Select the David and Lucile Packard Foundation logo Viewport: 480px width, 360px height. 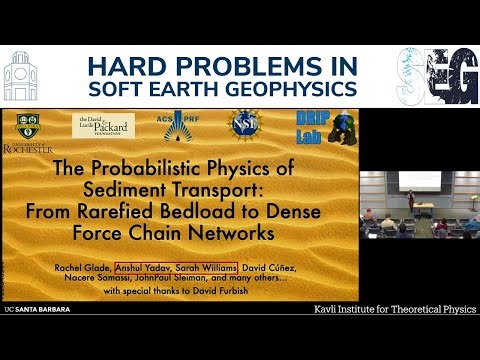pyautogui.click(x=103, y=125)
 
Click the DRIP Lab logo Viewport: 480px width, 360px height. pyautogui.click(x=319, y=126)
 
